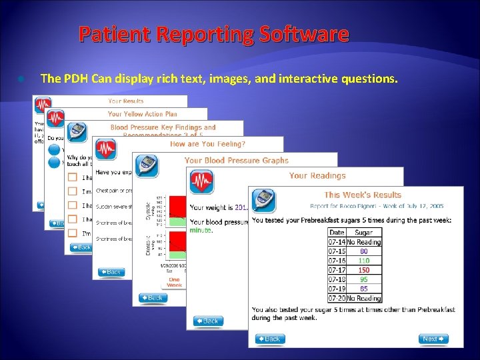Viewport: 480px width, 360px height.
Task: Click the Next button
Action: [x=433, y=339]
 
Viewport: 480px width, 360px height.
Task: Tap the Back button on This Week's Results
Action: [x=270, y=339]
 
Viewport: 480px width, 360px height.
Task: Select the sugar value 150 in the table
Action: [x=364, y=270]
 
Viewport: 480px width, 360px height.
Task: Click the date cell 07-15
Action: [x=337, y=251]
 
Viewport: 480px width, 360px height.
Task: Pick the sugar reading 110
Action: [x=364, y=261]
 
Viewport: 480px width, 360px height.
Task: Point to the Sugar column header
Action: [x=364, y=233]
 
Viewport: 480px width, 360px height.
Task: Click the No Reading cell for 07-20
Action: [x=364, y=298]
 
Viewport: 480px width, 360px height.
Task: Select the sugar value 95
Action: [x=364, y=279]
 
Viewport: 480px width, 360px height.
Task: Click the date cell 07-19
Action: [x=337, y=289]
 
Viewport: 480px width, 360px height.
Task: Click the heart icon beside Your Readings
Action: [x=201, y=181]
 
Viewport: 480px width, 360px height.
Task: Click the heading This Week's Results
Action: [x=363, y=195]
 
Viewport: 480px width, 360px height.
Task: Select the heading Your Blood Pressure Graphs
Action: [x=236, y=160]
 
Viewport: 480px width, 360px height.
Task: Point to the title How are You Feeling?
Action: [x=207, y=143]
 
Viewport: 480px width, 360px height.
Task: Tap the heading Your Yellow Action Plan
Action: [x=143, y=114]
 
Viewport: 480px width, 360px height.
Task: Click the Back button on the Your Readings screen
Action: [x=208, y=321]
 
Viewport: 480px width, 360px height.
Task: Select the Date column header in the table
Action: [x=337, y=233]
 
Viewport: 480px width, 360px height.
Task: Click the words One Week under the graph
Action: [x=174, y=281]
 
